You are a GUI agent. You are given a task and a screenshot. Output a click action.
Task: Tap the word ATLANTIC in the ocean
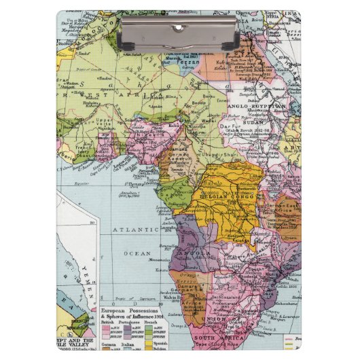(136, 230)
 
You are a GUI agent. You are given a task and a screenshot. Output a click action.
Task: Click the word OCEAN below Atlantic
(137, 252)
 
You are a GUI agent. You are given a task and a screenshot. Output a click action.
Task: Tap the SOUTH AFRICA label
(213, 337)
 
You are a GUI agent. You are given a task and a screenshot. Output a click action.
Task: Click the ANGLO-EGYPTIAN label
(261, 107)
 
